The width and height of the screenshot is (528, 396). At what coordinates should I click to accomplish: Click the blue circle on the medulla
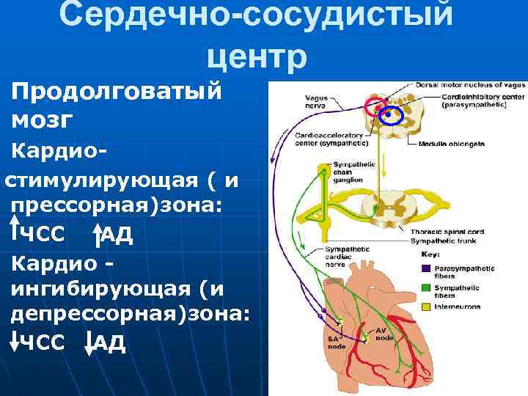392,114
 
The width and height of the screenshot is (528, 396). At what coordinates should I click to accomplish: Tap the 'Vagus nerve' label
318,100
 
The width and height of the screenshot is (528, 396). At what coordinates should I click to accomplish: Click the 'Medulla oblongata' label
452,144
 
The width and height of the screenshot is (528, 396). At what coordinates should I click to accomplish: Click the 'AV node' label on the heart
382,334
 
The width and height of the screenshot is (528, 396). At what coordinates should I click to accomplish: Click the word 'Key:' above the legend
432,254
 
